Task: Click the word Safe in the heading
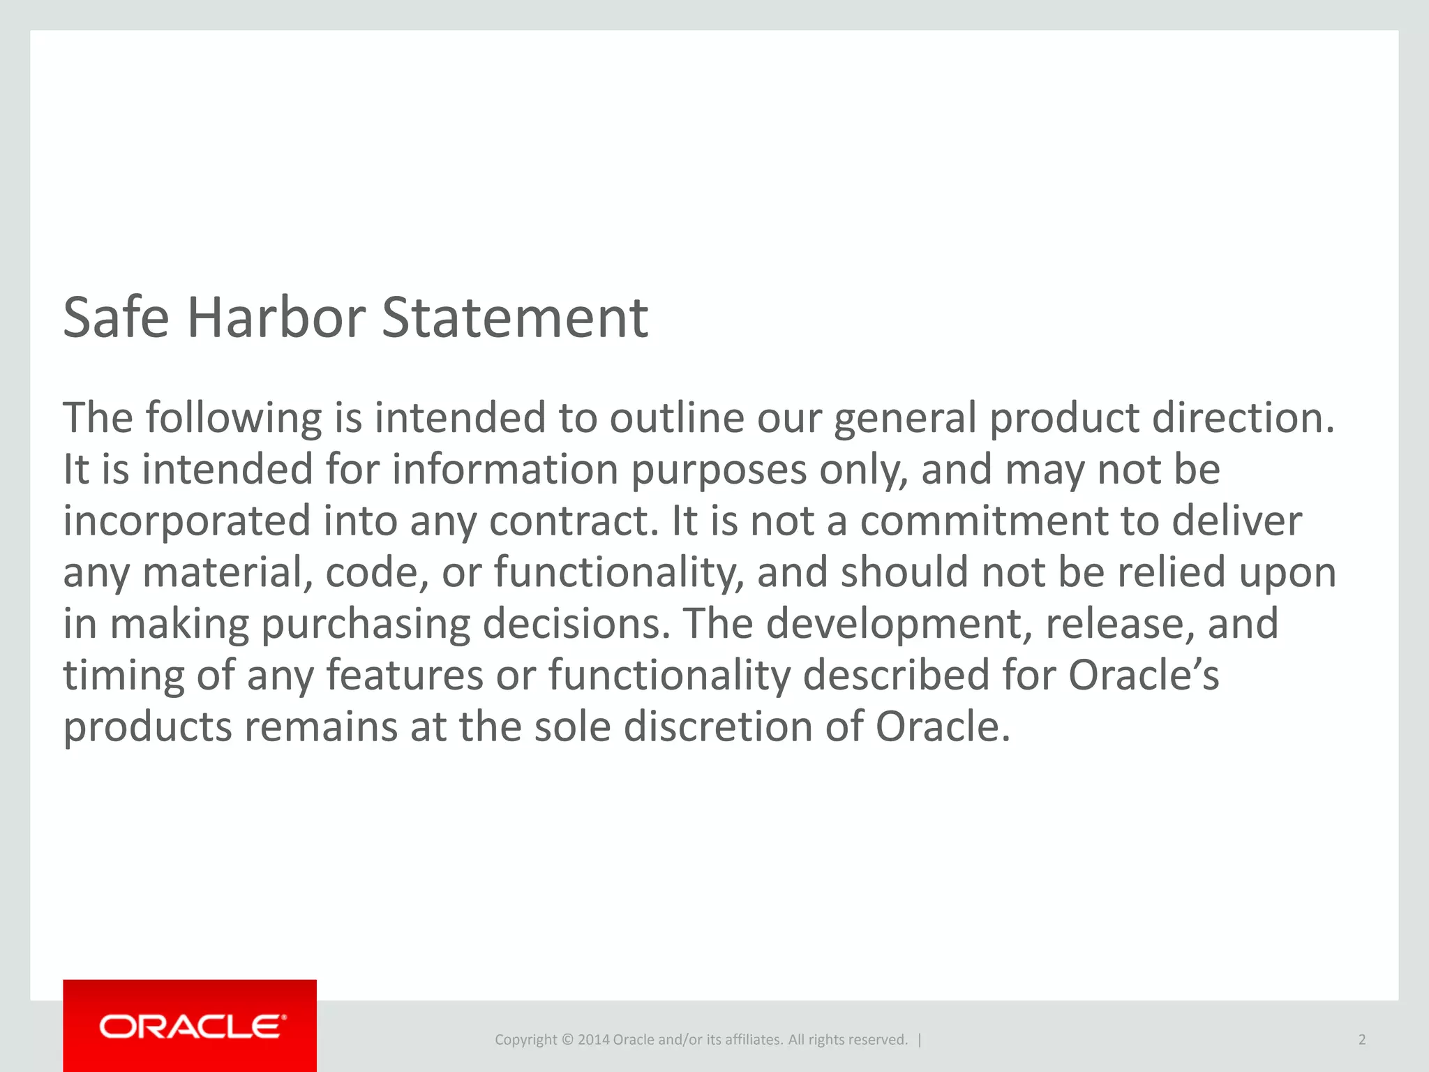(116, 318)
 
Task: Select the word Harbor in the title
(276, 318)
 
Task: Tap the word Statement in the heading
(515, 318)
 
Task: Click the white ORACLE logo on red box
(193, 1027)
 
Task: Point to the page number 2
(1361, 1040)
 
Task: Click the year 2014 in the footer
(593, 1040)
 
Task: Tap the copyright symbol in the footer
(567, 1040)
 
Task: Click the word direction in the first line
(1242, 418)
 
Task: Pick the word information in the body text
(504, 469)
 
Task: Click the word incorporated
(187, 521)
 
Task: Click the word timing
(124, 676)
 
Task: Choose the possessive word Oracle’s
(1144, 675)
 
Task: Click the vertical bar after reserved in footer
(920, 1040)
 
